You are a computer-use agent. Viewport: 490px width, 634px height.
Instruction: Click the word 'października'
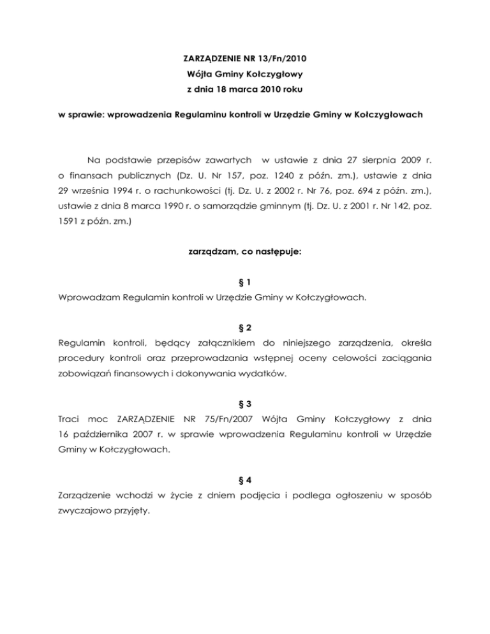tap(105, 437)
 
